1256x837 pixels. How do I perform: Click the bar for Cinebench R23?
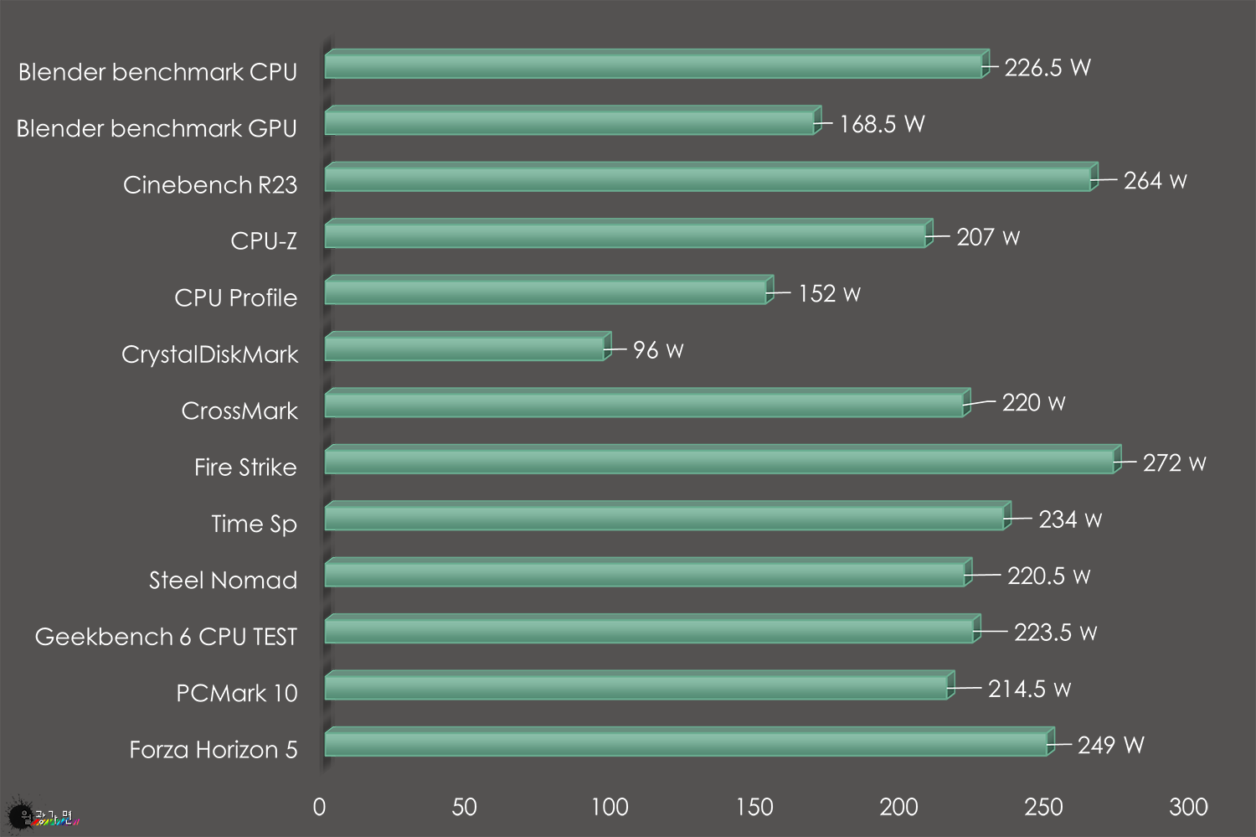708,178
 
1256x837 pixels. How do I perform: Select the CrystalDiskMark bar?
465,348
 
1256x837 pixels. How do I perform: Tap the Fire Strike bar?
720,461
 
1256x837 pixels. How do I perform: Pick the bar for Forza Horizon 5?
687,743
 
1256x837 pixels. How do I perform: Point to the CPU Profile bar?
546,292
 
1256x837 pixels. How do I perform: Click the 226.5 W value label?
1047,68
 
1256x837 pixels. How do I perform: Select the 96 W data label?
658,350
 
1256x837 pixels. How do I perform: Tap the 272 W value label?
1174,463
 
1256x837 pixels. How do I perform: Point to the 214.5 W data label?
1029,689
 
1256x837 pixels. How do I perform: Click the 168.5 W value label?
882,124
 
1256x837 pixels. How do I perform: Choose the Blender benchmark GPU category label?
157,128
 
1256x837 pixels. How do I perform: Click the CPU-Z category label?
264,241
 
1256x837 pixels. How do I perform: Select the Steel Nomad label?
223,580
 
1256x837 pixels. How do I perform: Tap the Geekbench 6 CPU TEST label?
166,637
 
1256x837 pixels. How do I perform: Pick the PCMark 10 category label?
236,693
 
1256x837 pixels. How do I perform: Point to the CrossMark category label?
239,411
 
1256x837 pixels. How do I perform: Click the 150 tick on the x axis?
754,807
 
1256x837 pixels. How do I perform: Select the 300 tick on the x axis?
1188,807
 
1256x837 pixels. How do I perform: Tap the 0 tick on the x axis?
319,807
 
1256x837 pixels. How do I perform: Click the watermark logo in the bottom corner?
42,815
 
